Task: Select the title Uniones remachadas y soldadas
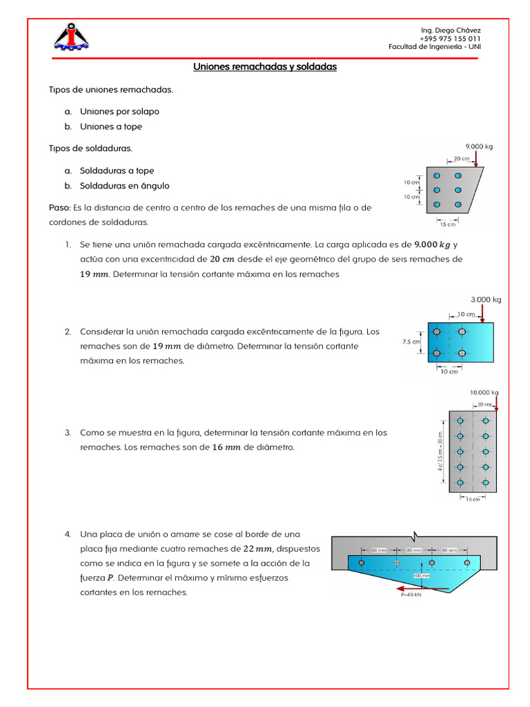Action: pos(264,67)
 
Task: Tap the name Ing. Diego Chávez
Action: pos(451,30)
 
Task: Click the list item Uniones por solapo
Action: pos(119,111)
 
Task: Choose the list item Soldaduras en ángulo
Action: pos(124,186)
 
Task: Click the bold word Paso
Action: pos(59,208)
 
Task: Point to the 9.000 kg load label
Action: pos(479,146)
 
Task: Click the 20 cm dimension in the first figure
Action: pos(462,159)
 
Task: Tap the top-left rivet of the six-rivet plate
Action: pos(436,176)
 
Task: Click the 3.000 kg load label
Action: pos(486,300)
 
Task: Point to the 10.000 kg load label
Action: pos(484,392)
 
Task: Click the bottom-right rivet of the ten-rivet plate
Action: pos(486,483)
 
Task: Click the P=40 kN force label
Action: pos(411,595)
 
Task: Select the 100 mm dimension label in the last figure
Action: pos(421,574)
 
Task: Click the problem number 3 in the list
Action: pos(68,433)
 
